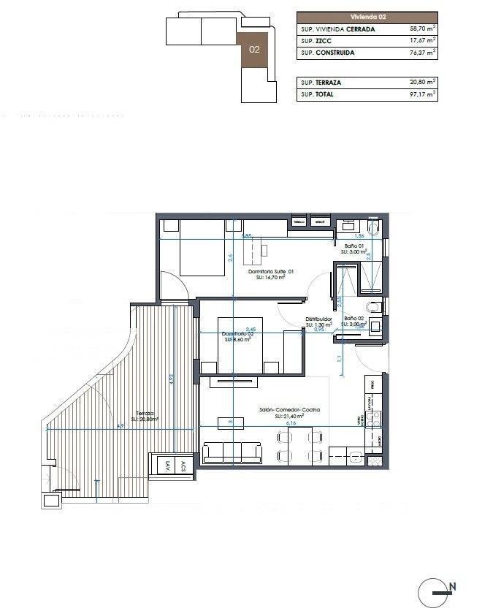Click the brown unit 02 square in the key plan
(254, 50)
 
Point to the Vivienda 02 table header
(367, 16)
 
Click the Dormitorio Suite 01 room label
(271, 273)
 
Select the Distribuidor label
(319, 319)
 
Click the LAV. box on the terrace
(167, 466)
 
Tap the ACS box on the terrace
(184, 466)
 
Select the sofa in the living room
(232, 452)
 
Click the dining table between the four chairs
(299, 447)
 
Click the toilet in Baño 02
(375, 305)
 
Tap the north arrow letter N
(453, 585)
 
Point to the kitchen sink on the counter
(354, 458)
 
